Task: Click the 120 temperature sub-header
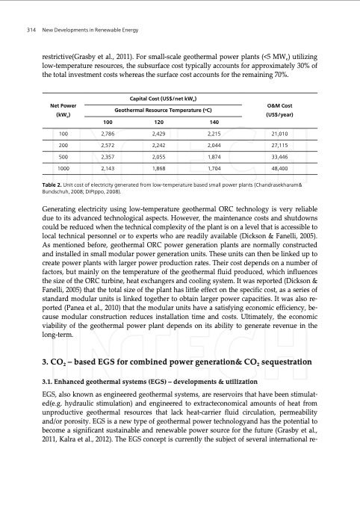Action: (157, 122)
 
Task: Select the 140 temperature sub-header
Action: (214, 122)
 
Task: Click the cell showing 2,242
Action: (157, 146)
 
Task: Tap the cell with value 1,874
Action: (214, 158)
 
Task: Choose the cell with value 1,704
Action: (214, 170)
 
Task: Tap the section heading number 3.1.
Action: (50, 381)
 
